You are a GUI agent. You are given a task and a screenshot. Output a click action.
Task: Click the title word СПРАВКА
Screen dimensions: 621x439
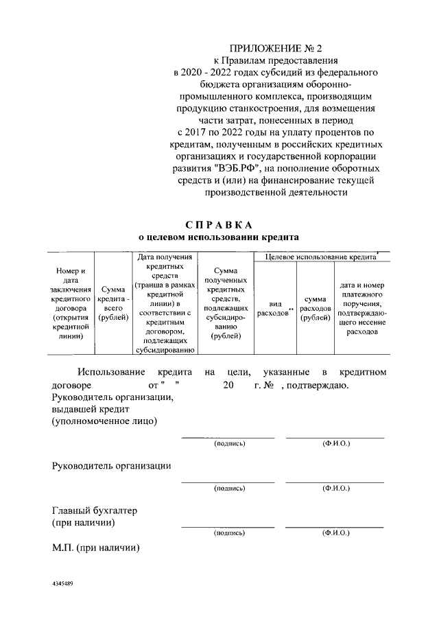[219, 224]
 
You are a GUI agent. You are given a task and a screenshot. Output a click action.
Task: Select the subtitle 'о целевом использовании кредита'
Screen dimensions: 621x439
[219, 237]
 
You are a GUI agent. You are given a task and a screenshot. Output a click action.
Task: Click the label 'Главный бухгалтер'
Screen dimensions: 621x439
[95, 511]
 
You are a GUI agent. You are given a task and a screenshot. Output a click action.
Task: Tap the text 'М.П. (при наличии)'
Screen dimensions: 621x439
[96, 548]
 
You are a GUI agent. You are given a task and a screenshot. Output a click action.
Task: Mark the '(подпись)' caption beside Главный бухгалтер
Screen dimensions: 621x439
[228, 532]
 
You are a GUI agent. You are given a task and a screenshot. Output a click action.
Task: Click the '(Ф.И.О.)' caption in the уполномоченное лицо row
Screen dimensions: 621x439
[335, 444]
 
